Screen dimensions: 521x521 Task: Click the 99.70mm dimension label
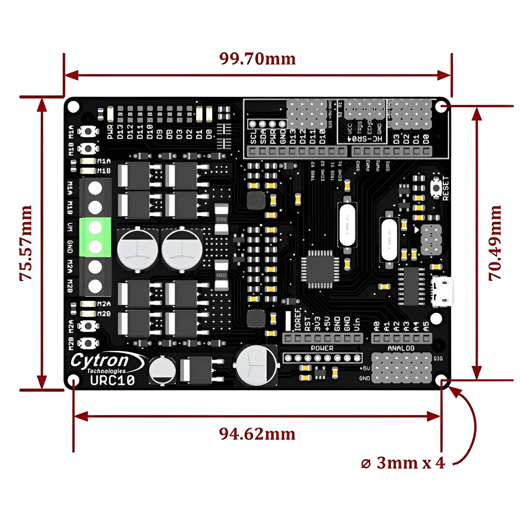[x=257, y=59]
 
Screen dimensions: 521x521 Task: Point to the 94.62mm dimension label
[x=257, y=434]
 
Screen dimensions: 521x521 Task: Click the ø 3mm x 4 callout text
[x=403, y=463]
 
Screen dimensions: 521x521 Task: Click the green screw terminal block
[x=95, y=237]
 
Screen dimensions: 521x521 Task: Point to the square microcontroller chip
[x=320, y=269]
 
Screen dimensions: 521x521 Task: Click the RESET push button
[x=435, y=187]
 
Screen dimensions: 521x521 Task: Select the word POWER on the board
[x=322, y=348]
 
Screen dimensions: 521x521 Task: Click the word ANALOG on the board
[x=401, y=348]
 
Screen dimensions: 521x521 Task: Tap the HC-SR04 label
[x=362, y=139]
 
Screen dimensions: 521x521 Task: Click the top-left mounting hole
[x=74, y=106]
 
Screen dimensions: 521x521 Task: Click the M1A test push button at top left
[x=88, y=131]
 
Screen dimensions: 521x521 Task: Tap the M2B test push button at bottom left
[x=88, y=343]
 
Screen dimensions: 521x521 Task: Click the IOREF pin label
[x=297, y=320]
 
